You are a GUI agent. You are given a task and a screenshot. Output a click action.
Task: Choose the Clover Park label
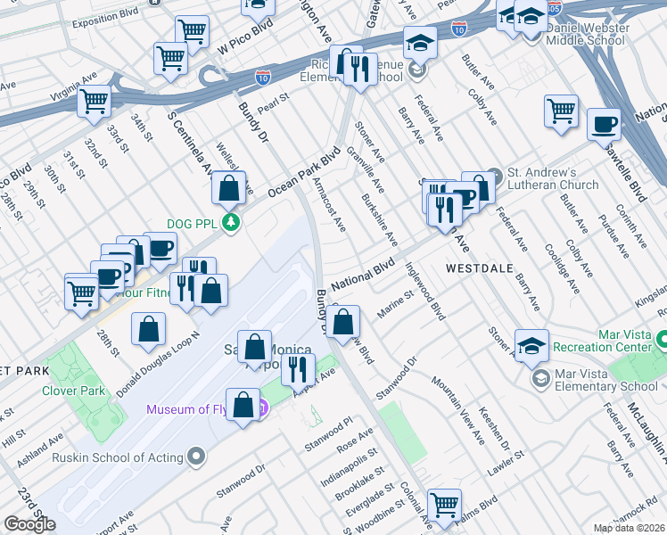coord(70,391)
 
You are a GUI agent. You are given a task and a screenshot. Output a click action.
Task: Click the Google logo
coord(29,524)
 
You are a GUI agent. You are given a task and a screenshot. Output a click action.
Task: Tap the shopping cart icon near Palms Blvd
coord(444,504)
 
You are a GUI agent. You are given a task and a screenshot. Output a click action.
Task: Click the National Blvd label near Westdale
coord(363,275)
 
